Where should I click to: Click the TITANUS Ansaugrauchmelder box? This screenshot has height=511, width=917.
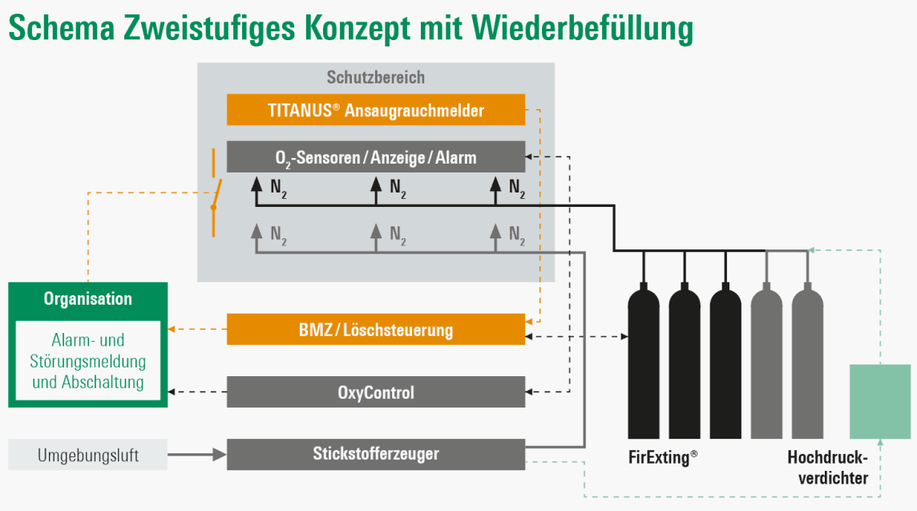coord(375,109)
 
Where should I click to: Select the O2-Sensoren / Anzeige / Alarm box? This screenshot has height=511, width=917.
coord(375,157)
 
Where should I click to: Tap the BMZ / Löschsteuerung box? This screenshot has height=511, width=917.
coord(375,329)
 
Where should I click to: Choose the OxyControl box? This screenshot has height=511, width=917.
coord(375,391)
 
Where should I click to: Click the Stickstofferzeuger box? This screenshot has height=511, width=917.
coord(375,454)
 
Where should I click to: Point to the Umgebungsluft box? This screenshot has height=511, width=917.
coord(87,454)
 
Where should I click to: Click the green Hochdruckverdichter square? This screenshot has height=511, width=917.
coord(880,402)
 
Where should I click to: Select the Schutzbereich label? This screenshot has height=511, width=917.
coord(375,77)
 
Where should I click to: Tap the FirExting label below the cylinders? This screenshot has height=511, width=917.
coord(663,456)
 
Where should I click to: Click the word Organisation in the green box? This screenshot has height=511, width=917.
coord(87,298)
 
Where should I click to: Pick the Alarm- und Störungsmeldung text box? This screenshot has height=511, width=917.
coord(87,360)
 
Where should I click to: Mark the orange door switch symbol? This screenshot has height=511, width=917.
coord(215,193)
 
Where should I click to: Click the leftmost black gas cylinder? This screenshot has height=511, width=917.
coord(644,362)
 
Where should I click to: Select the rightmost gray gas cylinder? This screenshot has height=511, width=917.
coord(808,362)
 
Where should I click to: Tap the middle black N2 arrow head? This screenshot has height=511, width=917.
coord(376,184)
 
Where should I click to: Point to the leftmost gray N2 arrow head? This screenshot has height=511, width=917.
coord(257,231)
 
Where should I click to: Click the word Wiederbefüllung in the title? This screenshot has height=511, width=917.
coord(582,27)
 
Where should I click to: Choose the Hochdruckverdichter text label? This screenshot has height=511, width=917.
coord(828,467)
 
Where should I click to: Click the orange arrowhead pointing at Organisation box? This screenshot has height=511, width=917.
coord(172,329)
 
